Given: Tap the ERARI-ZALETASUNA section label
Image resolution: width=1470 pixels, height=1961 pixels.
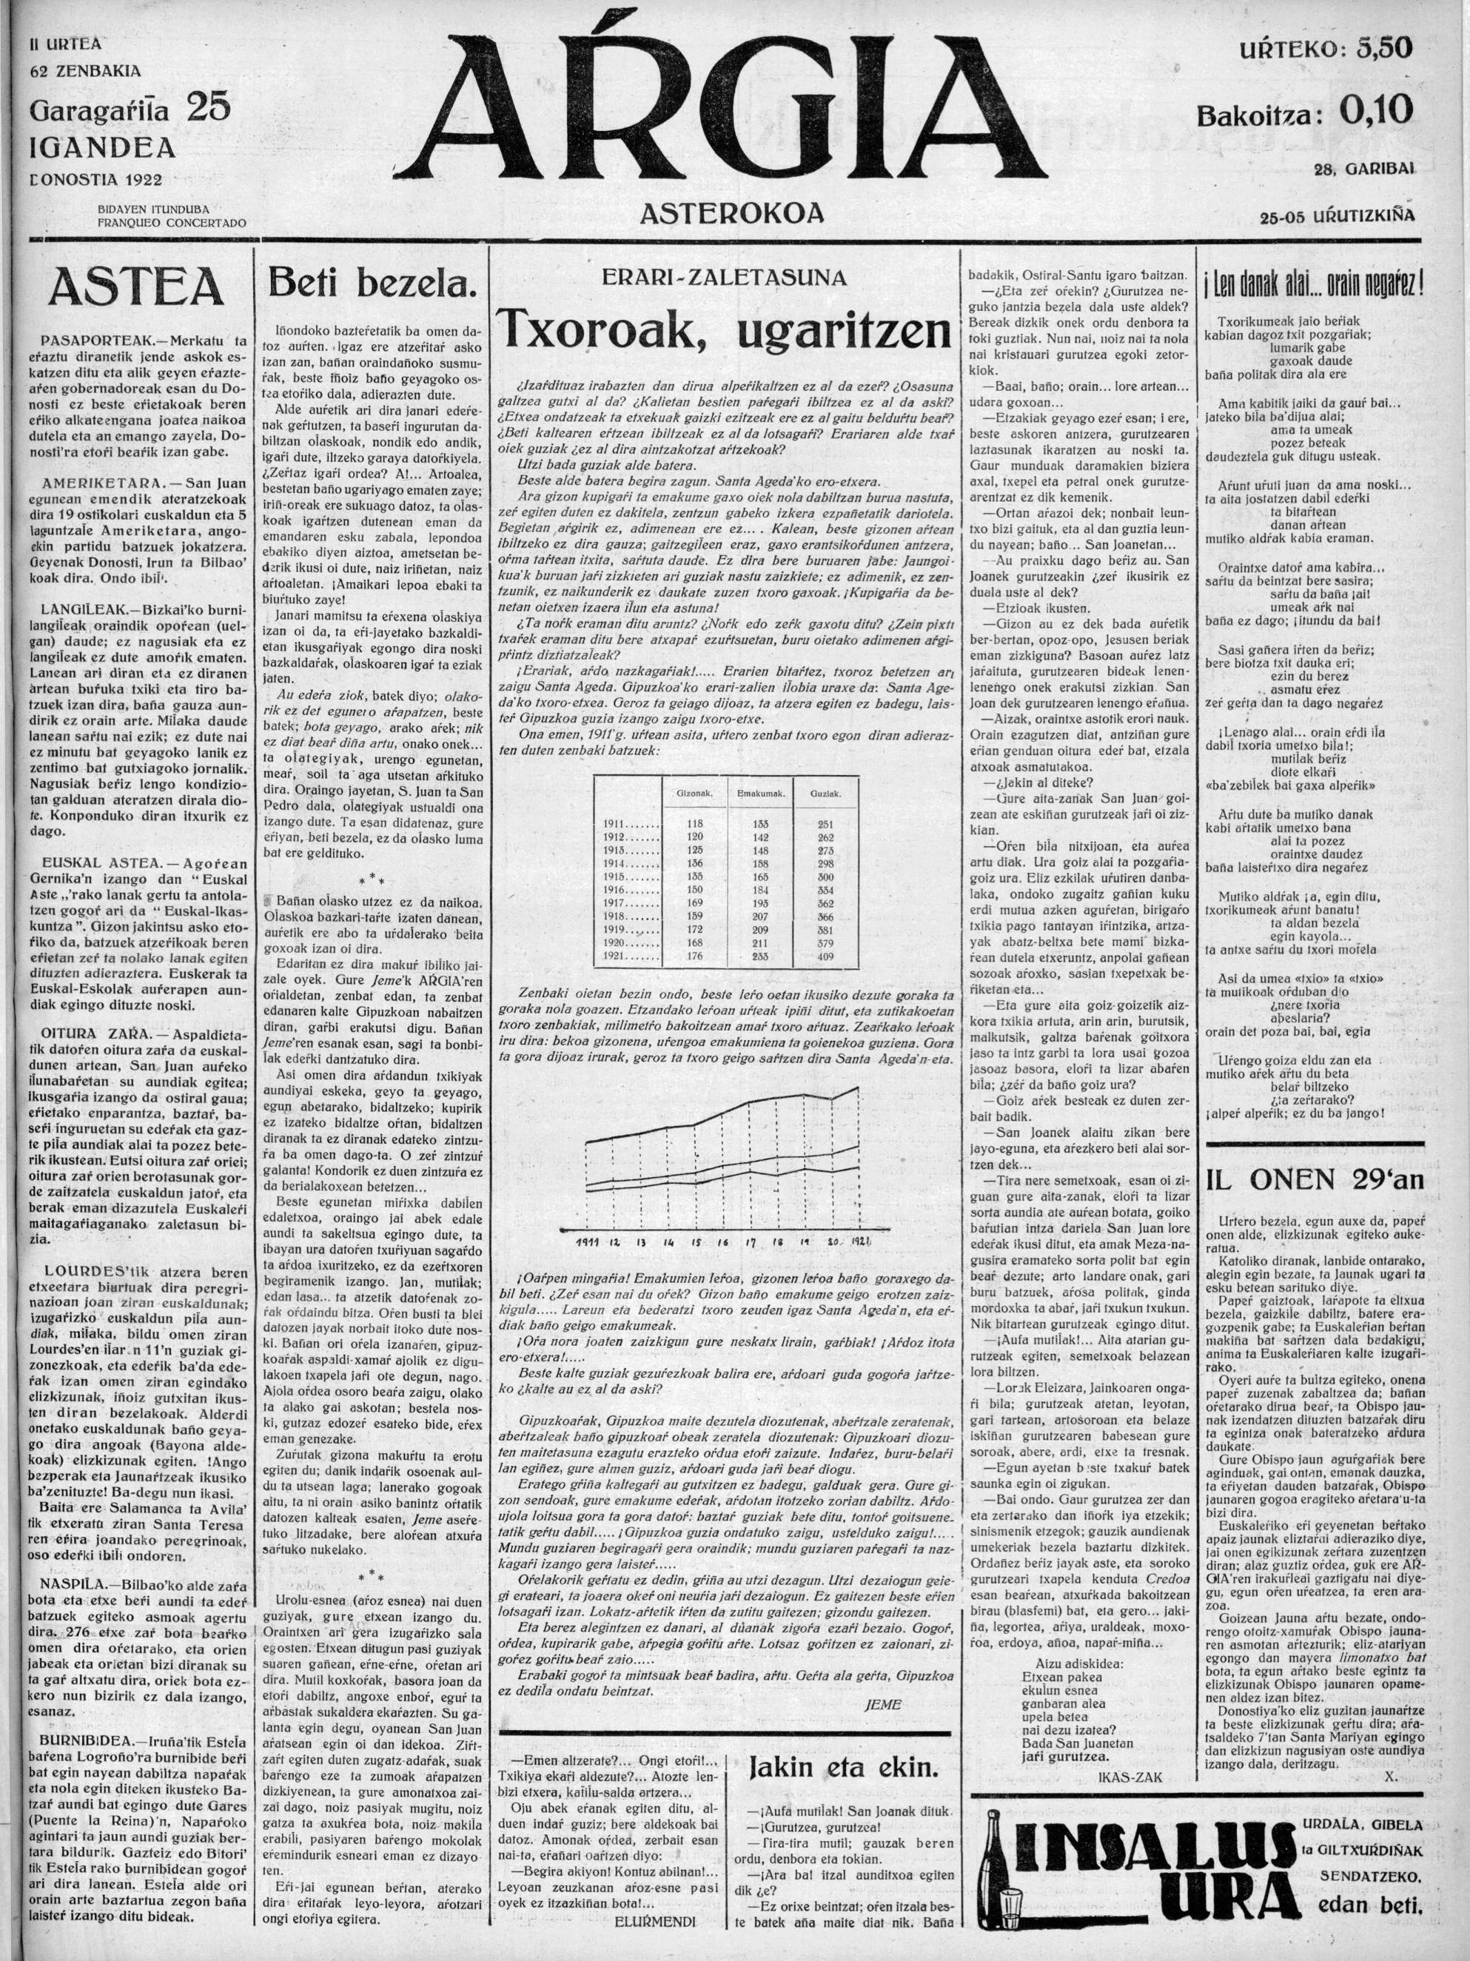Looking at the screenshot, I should click(x=725, y=278).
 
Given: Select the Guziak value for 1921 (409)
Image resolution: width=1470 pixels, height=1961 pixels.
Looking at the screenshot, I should click(x=825, y=956).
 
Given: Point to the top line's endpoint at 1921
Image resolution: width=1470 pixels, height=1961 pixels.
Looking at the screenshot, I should click(x=857, y=1087).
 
